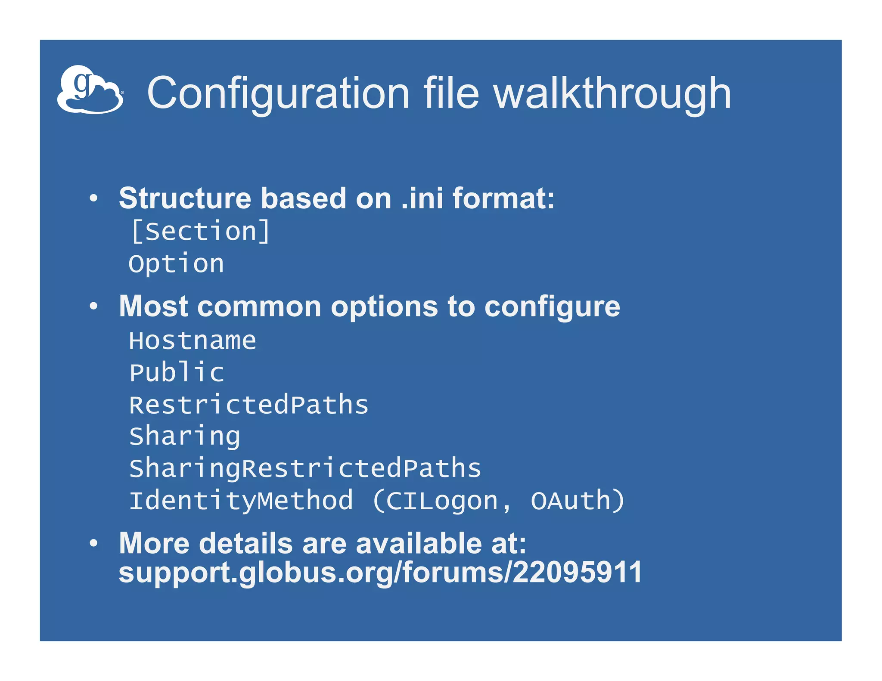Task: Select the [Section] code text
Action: pyautogui.click(x=201, y=232)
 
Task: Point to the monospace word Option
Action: pyautogui.click(x=177, y=263)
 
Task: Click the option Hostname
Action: pyautogui.click(x=193, y=341)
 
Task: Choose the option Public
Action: pyautogui.click(x=177, y=373)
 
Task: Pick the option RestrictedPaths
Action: pyautogui.click(x=249, y=405)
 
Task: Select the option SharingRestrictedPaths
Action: pyautogui.click(x=305, y=468)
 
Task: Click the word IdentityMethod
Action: pyautogui.click(x=241, y=501)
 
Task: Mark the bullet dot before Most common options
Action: pyautogui.click(x=93, y=306)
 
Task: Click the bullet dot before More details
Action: pyautogui.click(x=93, y=543)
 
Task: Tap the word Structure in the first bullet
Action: pyautogui.click(x=185, y=198)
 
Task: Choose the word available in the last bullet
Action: pyautogui.click(x=419, y=543)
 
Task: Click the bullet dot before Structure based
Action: pyautogui.click(x=93, y=198)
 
